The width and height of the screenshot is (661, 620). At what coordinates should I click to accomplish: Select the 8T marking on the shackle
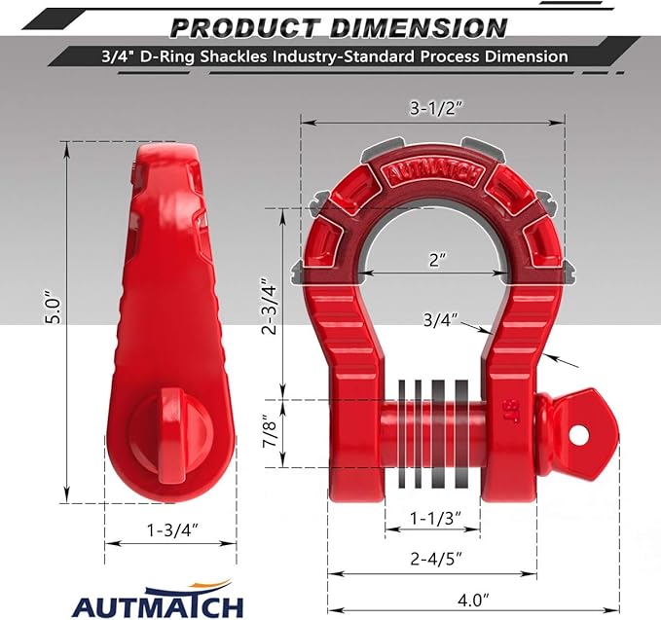click(x=510, y=407)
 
